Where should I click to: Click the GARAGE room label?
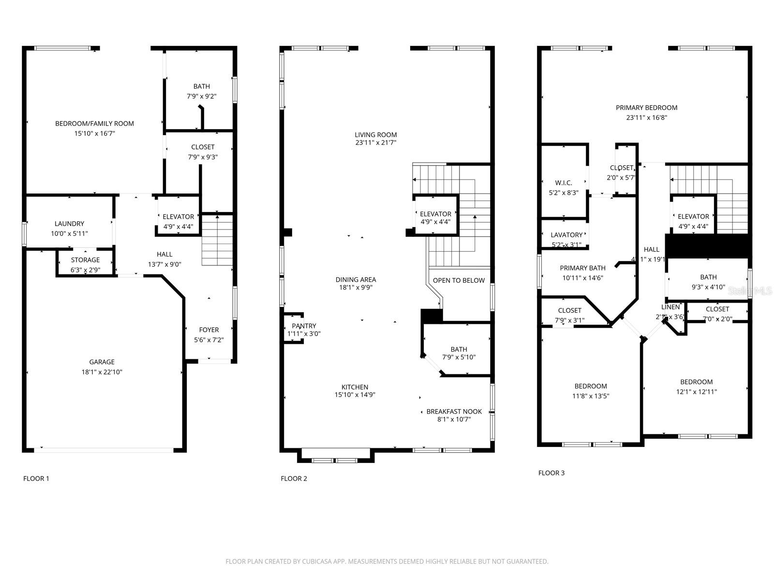[102, 362]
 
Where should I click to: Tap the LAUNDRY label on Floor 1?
[69, 224]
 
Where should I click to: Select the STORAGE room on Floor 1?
[85, 260]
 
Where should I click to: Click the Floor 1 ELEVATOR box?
[178, 216]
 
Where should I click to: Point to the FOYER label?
[209, 330]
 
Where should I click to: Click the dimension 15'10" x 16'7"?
[94, 133]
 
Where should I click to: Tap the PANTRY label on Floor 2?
[304, 326]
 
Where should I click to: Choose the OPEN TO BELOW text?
[459, 280]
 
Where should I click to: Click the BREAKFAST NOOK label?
[454, 412]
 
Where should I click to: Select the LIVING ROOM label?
[375, 135]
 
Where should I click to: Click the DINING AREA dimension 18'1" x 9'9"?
[356, 288]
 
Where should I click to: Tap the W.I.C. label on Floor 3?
[564, 183]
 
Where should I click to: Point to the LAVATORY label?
[566, 235]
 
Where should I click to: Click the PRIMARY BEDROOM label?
[646, 107]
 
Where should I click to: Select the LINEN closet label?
[670, 307]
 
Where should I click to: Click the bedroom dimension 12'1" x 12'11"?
[696, 392]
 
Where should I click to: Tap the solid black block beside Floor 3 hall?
[708, 245]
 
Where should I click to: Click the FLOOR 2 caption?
[294, 478]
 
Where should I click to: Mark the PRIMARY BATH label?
[582, 268]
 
